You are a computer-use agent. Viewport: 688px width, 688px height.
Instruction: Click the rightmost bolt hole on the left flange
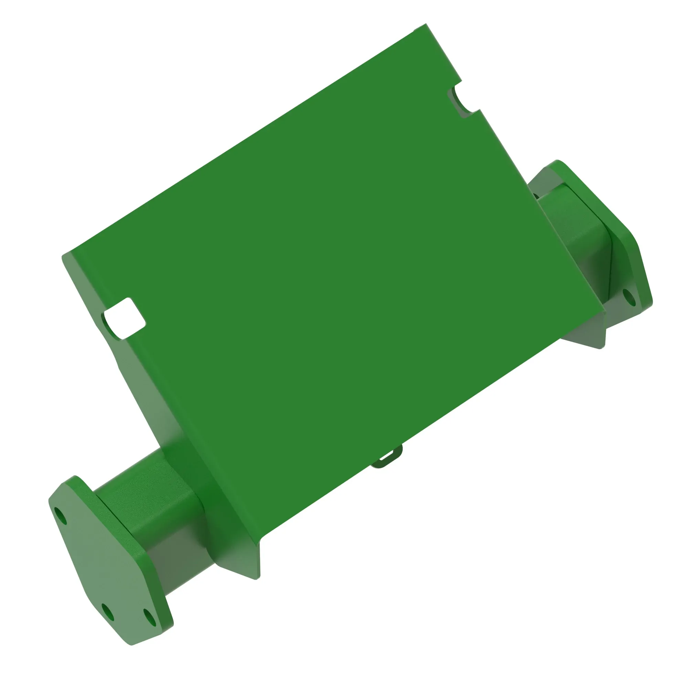[x=150, y=618]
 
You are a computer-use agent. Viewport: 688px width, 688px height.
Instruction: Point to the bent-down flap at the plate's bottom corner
[x=242, y=563]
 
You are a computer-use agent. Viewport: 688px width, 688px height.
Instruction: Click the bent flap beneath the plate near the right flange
[x=584, y=331]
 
